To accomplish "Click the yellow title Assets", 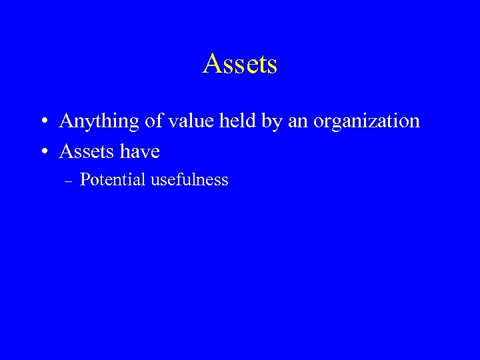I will (x=240, y=64).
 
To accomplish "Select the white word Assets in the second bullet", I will (x=84, y=151).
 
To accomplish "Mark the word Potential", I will (x=113, y=179).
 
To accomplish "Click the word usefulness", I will (x=189, y=179).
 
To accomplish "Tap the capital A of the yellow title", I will (x=212, y=64).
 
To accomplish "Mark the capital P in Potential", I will (x=84, y=179).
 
